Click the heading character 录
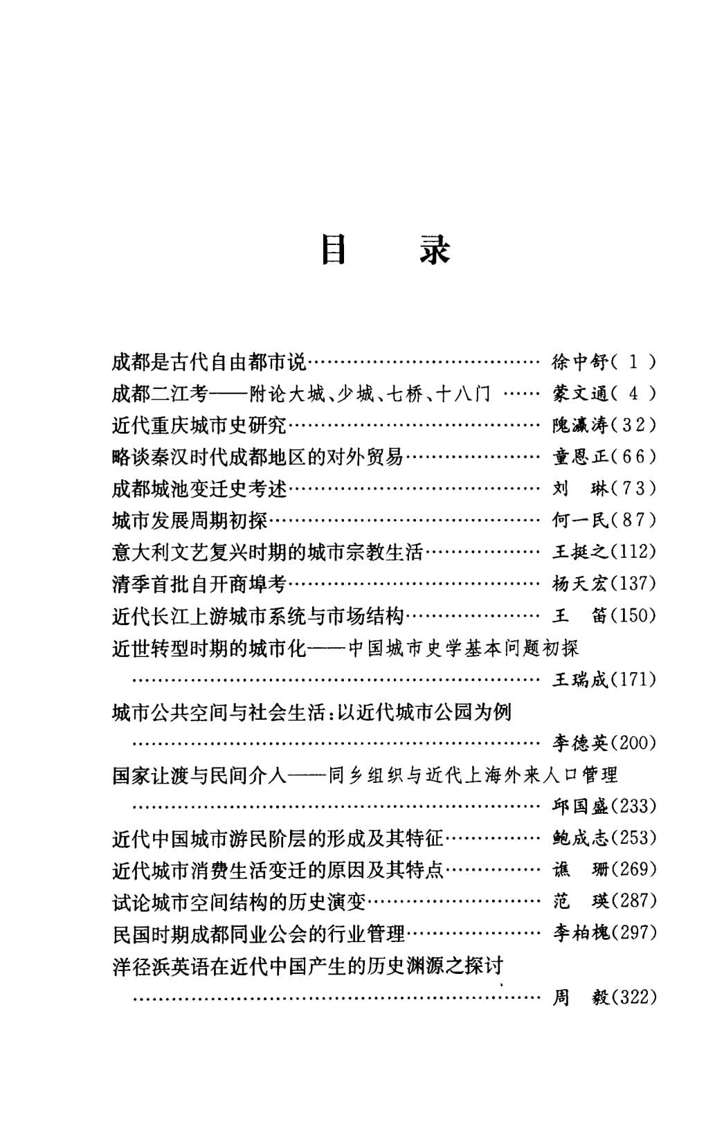[x=435, y=250]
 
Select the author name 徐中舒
[x=579, y=361]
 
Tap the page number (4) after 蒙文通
[x=633, y=394]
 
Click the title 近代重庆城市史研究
[x=199, y=425]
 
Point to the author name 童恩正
[x=579, y=457]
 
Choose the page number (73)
[x=633, y=489]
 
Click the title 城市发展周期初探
[x=189, y=520]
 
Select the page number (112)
[x=633, y=552]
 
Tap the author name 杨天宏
[x=579, y=583]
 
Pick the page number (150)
[x=633, y=615]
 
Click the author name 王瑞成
[x=579, y=680]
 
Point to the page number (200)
[x=633, y=743]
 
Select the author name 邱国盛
[x=579, y=806]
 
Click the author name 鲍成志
[x=579, y=838]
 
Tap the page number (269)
[x=633, y=869]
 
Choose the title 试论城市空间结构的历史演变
[x=238, y=902]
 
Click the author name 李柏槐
[x=579, y=933]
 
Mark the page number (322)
[x=633, y=997]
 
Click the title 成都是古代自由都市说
[x=208, y=361]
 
